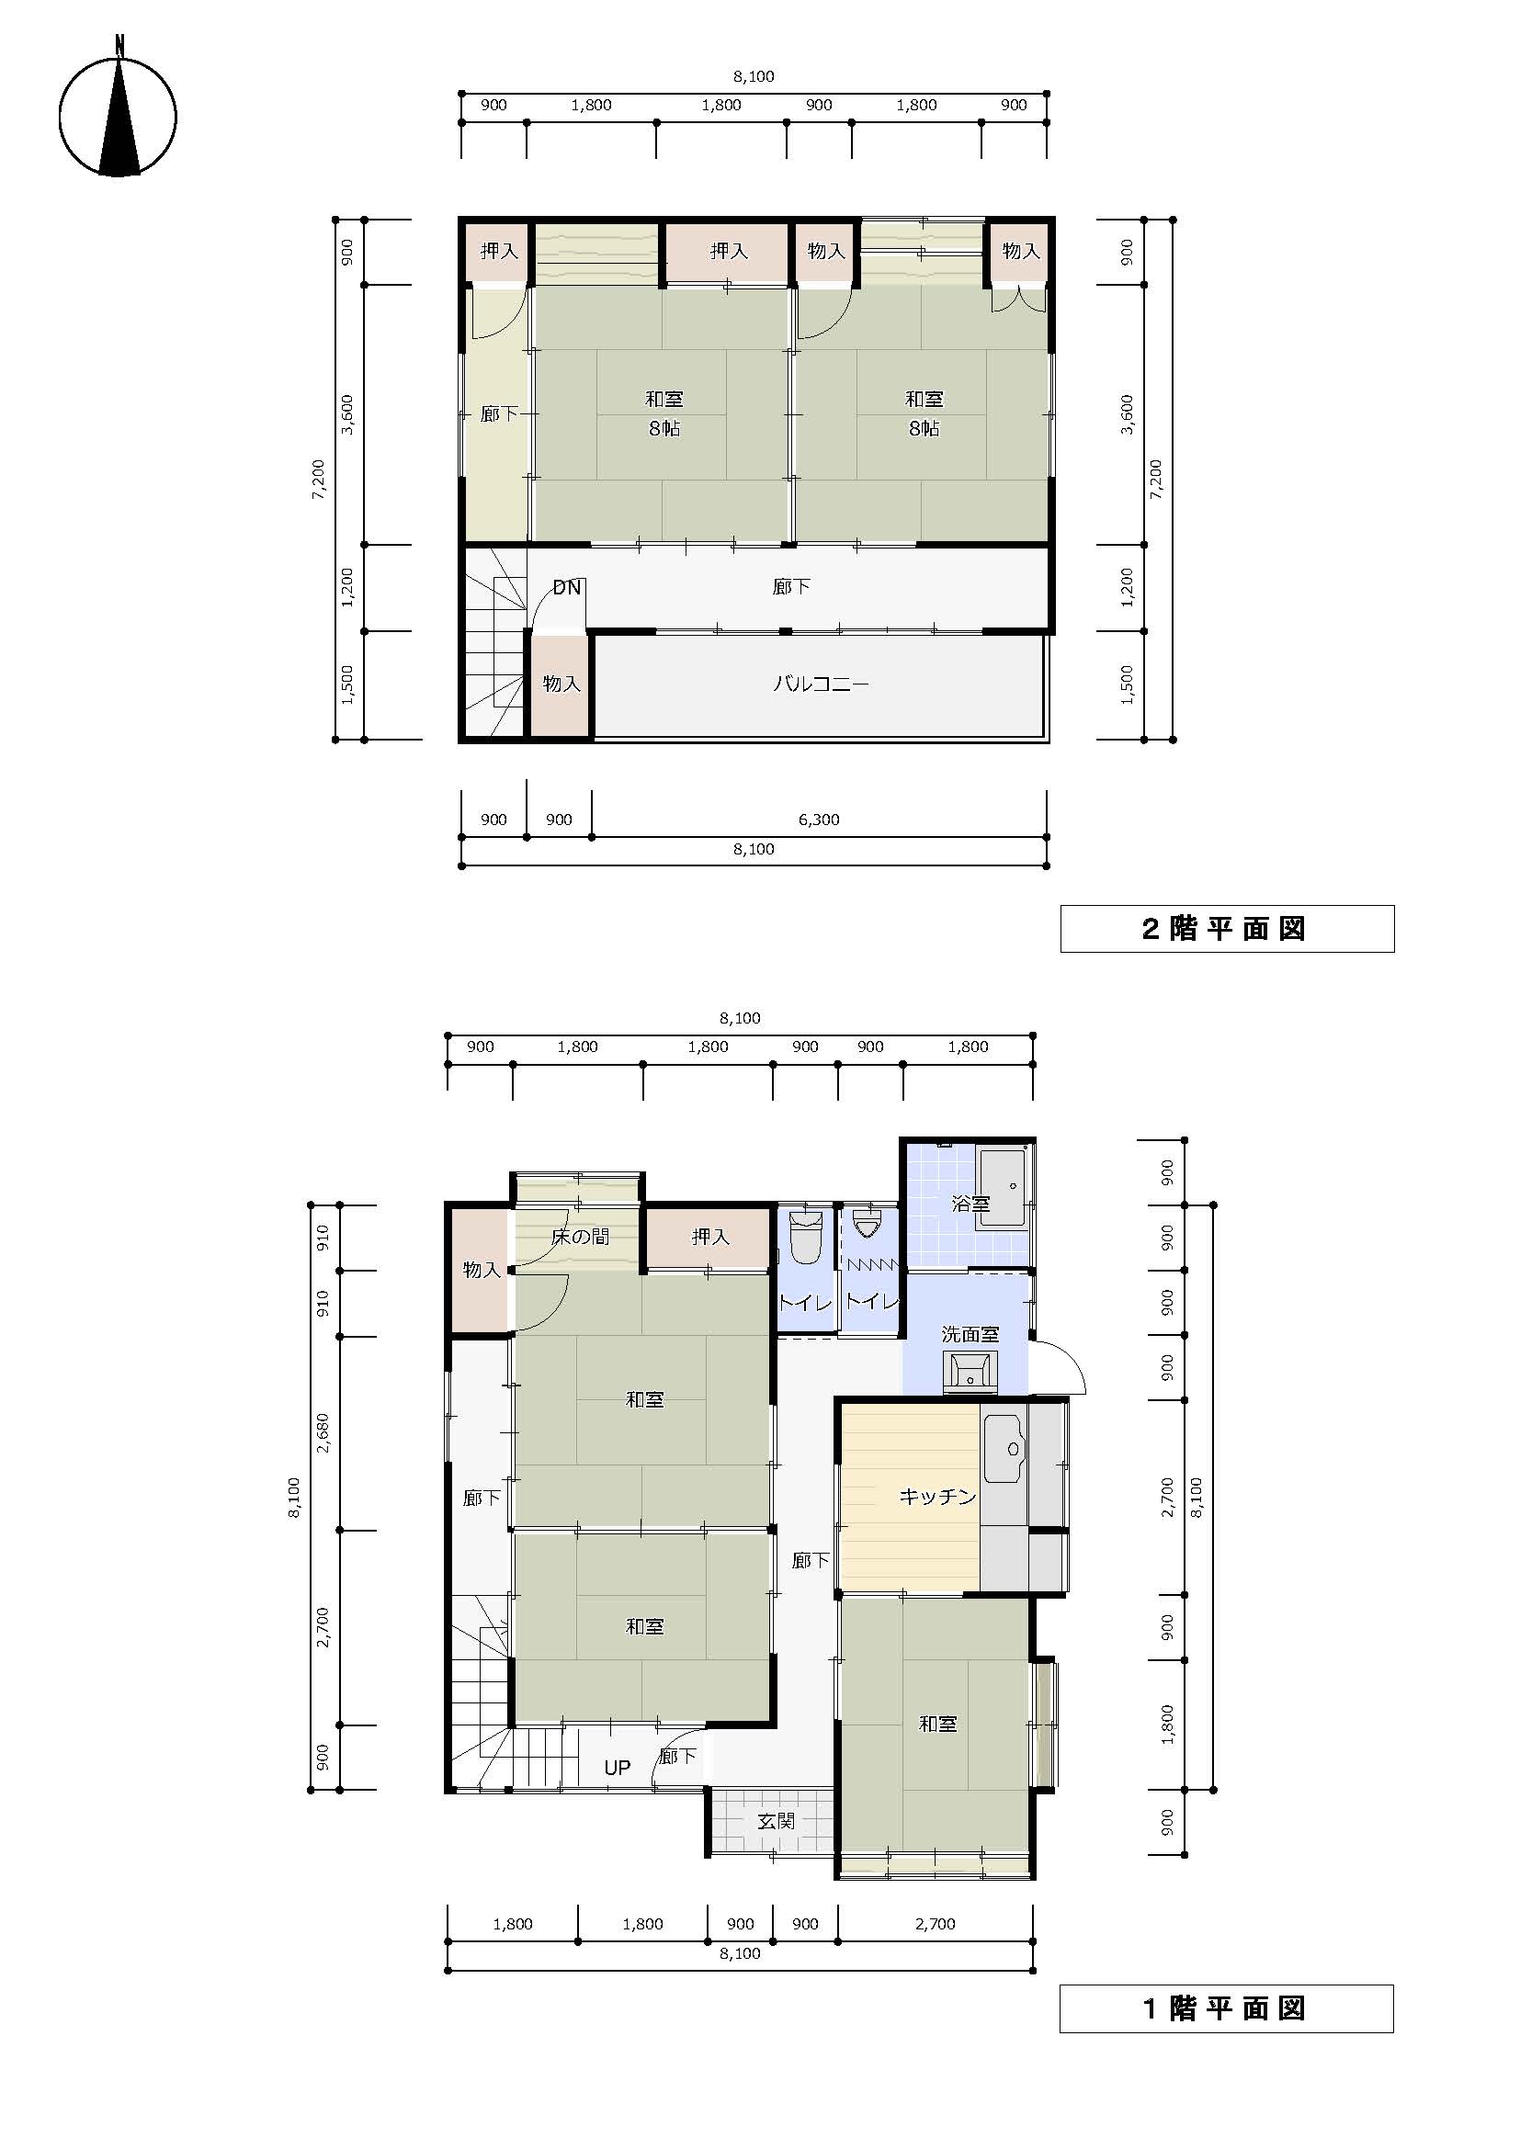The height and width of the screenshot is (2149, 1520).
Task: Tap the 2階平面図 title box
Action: pos(1226,929)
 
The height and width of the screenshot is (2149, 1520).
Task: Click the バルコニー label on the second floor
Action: pos(821,684)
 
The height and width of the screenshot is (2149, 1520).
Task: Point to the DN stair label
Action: pos(567,588)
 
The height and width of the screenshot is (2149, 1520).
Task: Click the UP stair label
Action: pos(617,1768)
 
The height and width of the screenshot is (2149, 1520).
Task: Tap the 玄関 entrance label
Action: pos(777,1821)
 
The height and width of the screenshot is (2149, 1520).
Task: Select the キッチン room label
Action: pos(938,1497)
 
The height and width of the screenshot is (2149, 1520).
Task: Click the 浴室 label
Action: pos(970,1204)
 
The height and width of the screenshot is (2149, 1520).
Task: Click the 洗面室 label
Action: pos(970,1334)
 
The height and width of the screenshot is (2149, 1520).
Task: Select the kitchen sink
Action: pos(1004,1449)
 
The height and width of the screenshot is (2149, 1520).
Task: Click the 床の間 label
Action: pos(580,1237)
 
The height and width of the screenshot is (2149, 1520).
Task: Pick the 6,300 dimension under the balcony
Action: pos(819,820)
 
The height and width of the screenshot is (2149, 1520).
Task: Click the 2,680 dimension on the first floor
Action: pos(323,1433)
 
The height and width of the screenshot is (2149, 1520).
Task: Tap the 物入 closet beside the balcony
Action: pos(561,684)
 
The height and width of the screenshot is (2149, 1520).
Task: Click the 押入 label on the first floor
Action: pos(709,1237)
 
